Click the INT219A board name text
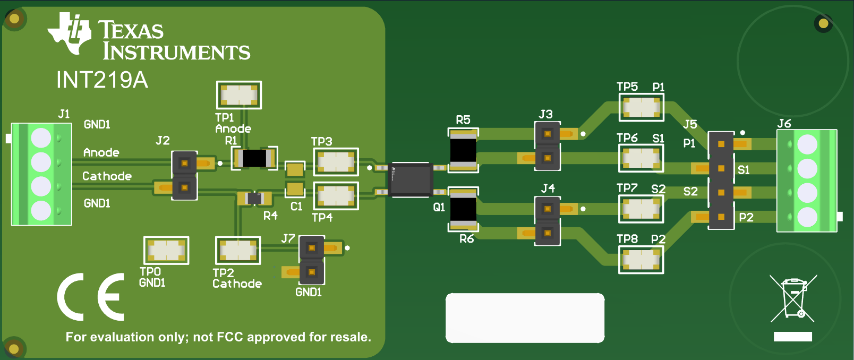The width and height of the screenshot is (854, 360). click(x=102, y=80)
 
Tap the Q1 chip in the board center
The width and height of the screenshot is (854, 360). click(x=410, y=179)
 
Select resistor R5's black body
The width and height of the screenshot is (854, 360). click(x=464, y=150)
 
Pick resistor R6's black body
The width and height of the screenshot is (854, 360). click(x=464, y=209)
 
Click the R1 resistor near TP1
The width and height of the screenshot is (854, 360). click(x=254, y=158)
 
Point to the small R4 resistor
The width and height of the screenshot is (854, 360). click(x=254, y=199)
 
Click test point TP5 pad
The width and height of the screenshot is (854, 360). click(x=641, y=107)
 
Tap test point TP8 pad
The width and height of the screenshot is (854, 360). click(x=641, y=259)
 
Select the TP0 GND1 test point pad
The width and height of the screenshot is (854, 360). click(x=166, y=250)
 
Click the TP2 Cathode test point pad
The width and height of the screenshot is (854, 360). click(x=238, y=250)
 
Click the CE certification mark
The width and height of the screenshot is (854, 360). click(x=91, y=297)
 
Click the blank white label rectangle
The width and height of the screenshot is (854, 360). click(x=525, y=318)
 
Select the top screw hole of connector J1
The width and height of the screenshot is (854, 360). click(x=41, y=138)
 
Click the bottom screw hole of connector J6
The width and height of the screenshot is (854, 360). click(x=807, y=217)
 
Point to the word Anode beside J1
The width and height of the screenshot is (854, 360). click(x=101, y=153)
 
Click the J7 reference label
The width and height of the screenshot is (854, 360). click(x=288, y=238)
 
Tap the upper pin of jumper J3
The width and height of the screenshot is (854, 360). click(x=547, y=134)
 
